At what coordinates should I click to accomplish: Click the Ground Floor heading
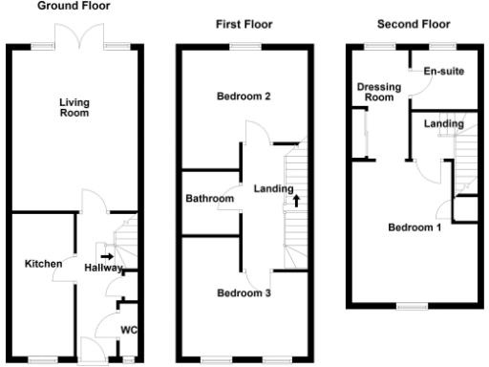[74, 6]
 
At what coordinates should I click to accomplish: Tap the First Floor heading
[243, 24]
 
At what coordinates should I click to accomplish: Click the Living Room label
[74, 108]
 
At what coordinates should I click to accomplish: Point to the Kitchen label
[43, 264]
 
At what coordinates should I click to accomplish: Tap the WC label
[127, 332]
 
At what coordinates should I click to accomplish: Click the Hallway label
[103, 269]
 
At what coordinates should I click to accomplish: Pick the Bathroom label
[209, 199]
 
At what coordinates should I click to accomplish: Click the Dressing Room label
[374, 91]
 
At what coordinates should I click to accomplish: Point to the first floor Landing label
[272, 188]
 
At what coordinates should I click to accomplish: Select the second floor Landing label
[443, 123]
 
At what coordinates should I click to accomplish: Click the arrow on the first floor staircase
[296, 201]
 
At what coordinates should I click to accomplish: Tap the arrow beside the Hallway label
[105, 256]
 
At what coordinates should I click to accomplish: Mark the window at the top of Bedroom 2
[244, 45]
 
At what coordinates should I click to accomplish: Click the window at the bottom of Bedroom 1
[414, 307]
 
